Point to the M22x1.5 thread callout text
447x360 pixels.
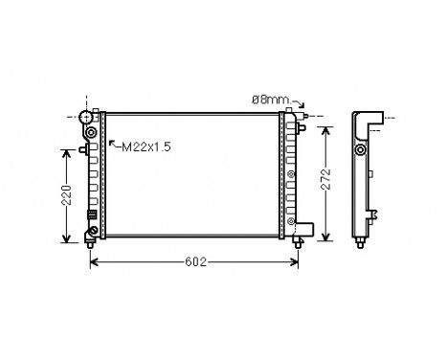(145, 146)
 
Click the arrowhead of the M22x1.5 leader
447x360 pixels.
(112, 143)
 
